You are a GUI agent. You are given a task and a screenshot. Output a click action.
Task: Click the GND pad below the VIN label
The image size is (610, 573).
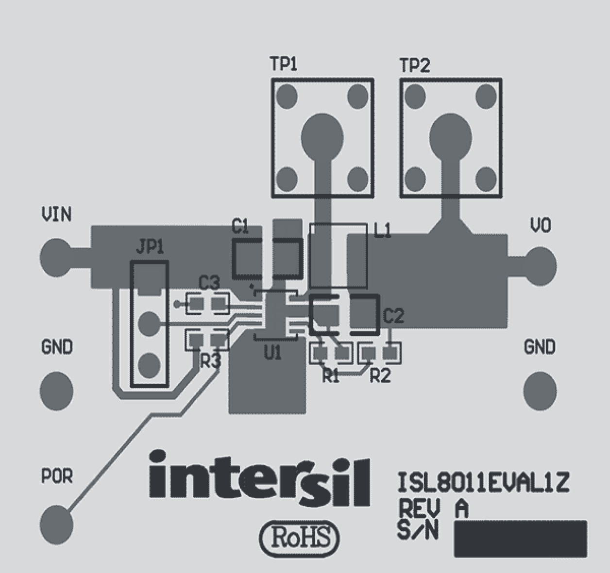click(56, 390)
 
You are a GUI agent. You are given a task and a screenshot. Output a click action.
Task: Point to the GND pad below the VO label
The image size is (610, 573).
click(540, 390)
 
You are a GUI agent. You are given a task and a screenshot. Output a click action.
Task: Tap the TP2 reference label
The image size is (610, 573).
click(415, 65)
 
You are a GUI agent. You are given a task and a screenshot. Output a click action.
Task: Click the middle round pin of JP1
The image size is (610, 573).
click(149, 323)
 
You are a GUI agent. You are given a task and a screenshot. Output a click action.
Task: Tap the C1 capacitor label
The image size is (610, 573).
click(240, 226)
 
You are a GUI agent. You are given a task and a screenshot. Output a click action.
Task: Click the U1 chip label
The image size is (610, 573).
click(272, 353)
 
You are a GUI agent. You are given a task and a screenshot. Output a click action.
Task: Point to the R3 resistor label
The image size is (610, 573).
click(210, 361)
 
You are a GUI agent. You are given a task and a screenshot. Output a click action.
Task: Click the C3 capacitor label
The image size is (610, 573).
click(209, 282)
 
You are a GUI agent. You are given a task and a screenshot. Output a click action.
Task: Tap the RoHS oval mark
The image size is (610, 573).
click(300, 538)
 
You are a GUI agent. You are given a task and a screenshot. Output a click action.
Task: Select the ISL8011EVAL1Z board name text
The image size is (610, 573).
click(483, 483)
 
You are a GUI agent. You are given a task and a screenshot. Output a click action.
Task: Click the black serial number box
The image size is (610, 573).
click(520, 539)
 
